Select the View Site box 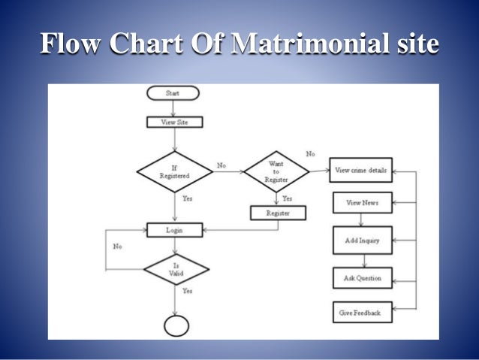[x=174, y=121]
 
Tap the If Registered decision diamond [x=174, y=171]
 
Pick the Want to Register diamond [x=276, y=171]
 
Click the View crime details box [x=360, y=171]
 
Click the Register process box [x=278, y=213]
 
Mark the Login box [x=174, y=229]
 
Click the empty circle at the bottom [x=176, y=325]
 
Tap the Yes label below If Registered [x=187, y=199]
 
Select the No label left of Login [x=118, y=246]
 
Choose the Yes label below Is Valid [x=187, y=291]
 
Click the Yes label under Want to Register [x=287, y=199]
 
